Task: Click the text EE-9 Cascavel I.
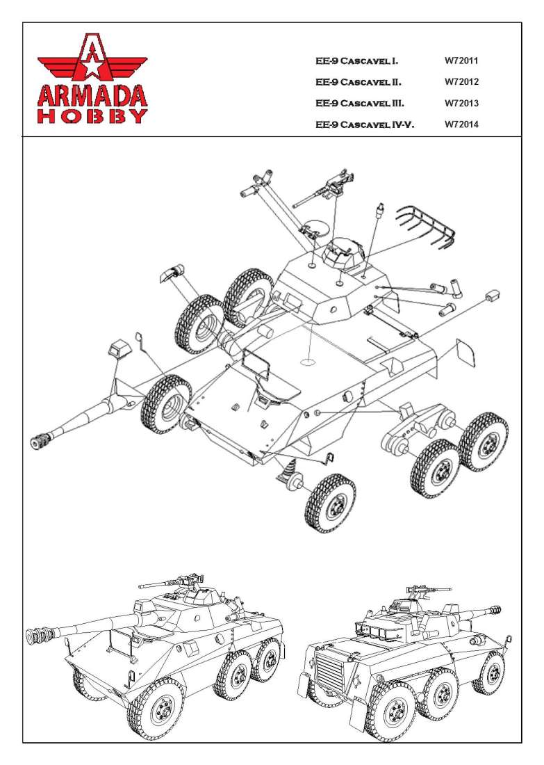[357, 61]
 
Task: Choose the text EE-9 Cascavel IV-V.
[365, 125]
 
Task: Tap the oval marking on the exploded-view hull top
[306, 361]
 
